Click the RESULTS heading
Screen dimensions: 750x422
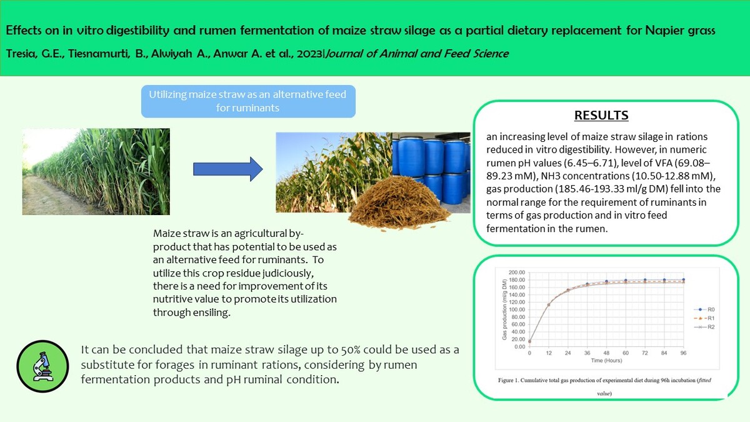[x=601, y=115]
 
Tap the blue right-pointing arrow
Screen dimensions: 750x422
[x=227, y=169]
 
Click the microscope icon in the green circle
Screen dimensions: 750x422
[x=43, y=366]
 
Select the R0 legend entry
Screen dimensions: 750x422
[x=704, y=309]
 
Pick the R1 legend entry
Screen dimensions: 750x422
[x=704, y=318]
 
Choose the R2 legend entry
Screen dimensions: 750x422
[x=704, y=327]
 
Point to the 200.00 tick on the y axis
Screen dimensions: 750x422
[x=517, y=273]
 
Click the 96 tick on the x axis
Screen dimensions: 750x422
[x=683, y=353]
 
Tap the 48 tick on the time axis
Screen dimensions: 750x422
[x=606, y=353]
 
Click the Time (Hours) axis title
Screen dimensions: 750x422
[x=606, y=361]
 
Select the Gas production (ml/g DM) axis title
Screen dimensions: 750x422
[x=504, y=309]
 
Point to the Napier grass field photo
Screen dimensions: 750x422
[x=96, y=171]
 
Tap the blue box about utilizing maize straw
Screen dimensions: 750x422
[x=248, y=101]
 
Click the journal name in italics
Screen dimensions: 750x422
[x=417, y=54]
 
